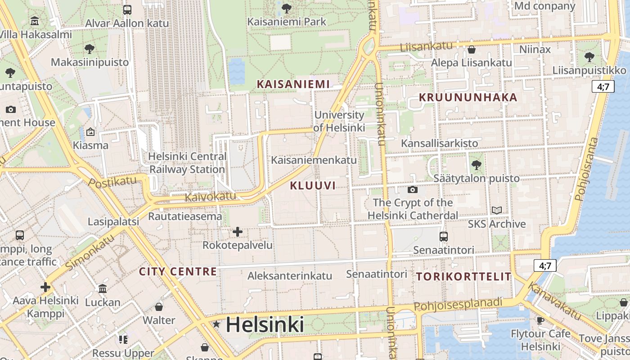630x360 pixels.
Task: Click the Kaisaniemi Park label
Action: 287,22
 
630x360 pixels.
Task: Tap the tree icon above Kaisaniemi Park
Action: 286,8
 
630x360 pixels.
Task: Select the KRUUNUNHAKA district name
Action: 468,97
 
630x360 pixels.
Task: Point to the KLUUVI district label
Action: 313,185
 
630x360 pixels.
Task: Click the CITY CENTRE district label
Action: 178,271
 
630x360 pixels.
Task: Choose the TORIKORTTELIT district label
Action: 464,276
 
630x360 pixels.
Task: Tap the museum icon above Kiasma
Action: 90,132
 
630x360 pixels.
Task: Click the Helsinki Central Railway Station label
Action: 187,163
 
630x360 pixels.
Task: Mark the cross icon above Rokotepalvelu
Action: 237,232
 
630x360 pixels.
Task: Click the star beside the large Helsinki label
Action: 217,324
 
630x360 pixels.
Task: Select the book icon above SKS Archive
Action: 497,210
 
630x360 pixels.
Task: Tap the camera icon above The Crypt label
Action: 412,189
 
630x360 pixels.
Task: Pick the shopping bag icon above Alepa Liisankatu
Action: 472,49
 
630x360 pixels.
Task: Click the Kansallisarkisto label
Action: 440,143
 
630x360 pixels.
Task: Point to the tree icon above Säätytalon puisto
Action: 476,165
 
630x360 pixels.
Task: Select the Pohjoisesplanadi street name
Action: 458,305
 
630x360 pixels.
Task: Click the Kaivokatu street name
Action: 210,196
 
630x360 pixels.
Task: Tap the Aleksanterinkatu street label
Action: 290,276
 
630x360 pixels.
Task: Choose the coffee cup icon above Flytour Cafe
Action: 540,320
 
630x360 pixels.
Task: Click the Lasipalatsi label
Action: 113,221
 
